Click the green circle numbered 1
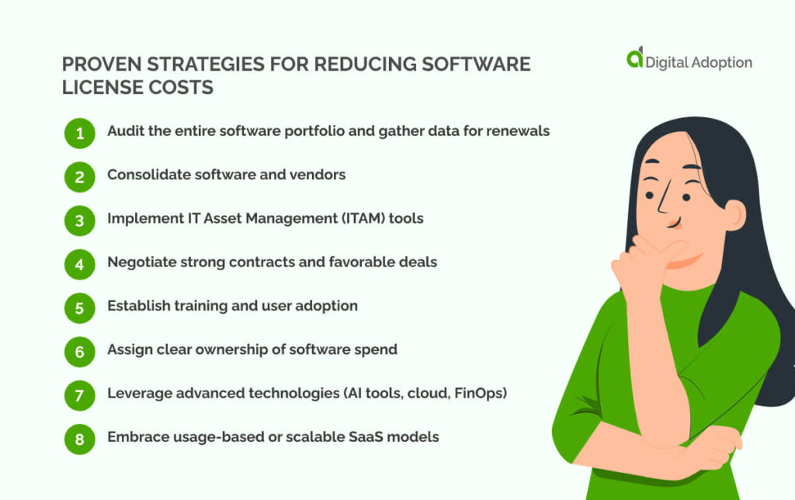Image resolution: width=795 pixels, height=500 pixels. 79,133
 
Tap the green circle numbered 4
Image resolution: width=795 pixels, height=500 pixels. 79,264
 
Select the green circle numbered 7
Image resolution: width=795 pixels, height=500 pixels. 79,395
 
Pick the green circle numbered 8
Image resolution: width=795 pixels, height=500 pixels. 79,439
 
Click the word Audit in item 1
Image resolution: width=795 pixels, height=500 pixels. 124,131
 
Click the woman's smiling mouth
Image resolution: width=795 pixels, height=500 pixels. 674,224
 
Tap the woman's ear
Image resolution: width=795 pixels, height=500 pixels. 731,214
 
